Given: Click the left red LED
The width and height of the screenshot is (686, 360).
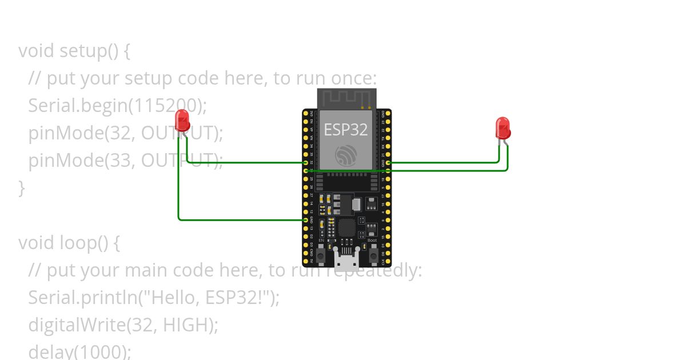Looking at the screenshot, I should tap(182, 121).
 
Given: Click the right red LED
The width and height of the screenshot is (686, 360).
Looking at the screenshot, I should tap(503, 128).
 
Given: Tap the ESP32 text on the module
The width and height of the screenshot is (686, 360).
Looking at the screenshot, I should tap(346, 129).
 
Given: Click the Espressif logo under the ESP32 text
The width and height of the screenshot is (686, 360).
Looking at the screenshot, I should tap(346, 155).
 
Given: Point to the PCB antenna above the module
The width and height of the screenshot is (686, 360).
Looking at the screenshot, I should tap(346, 98).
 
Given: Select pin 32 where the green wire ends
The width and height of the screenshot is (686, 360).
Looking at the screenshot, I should tap(306, 163).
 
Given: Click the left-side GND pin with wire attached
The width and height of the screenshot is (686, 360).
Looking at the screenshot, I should tap(306, 219).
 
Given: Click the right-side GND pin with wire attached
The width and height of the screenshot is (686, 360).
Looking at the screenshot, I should tap(388, 163).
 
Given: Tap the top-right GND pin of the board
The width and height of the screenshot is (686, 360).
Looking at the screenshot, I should tap(388, 114).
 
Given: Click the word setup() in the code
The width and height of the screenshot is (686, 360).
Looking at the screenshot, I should tap(89, 51).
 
